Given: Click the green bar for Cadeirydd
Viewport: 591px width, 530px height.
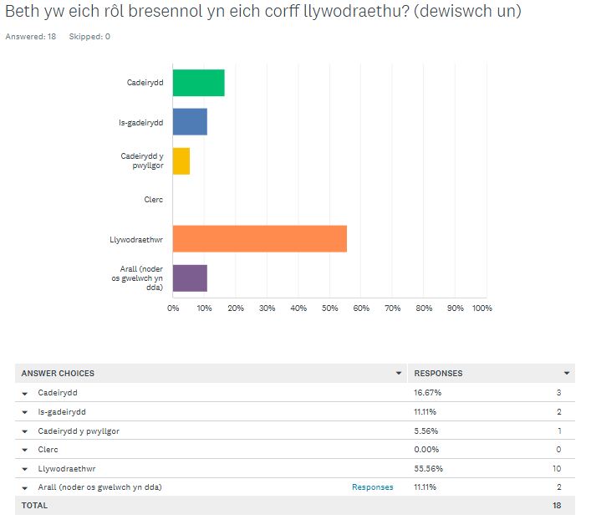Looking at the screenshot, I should click(x=198, y=83).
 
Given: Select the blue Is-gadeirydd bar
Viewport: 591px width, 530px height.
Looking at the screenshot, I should click(x=190, y=122).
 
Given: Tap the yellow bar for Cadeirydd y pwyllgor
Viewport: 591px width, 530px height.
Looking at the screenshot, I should click(x=181, y=161).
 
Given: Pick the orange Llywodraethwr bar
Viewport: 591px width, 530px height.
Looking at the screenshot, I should click(x=259, y=238).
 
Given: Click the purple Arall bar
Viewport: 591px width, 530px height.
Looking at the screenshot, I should click(x=190, y=278).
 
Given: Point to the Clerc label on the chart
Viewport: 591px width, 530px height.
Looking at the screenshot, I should click(x=153, y=199).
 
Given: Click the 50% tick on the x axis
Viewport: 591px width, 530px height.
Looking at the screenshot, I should click(x=329, y=308).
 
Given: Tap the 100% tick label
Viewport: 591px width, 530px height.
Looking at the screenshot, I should click(x=482, y=308).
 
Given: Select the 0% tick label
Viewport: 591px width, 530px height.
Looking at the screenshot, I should click(x=173, y=308).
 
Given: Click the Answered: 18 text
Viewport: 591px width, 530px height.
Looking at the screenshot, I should click(x=31, y=37).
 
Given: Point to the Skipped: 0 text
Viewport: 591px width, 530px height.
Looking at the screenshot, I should click(x=89, y=37).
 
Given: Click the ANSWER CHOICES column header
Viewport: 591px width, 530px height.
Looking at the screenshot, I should click(x=58, y=373).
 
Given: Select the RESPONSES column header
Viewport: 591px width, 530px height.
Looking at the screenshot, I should click(x=438, y=373).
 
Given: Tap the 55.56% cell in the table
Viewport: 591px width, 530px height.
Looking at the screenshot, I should click(x=426, y=468).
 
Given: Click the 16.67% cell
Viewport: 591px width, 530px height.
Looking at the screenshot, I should click(x=426, y=392).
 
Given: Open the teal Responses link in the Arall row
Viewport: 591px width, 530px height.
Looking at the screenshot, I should click(x=372, y=487).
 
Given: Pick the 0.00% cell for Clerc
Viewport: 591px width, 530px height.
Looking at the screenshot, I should click(x=425, y=449).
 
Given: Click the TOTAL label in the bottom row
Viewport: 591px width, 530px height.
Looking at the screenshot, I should click(x=34, y=505).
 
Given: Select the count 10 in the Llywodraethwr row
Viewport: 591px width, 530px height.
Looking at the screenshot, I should click(x=556, y=468).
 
